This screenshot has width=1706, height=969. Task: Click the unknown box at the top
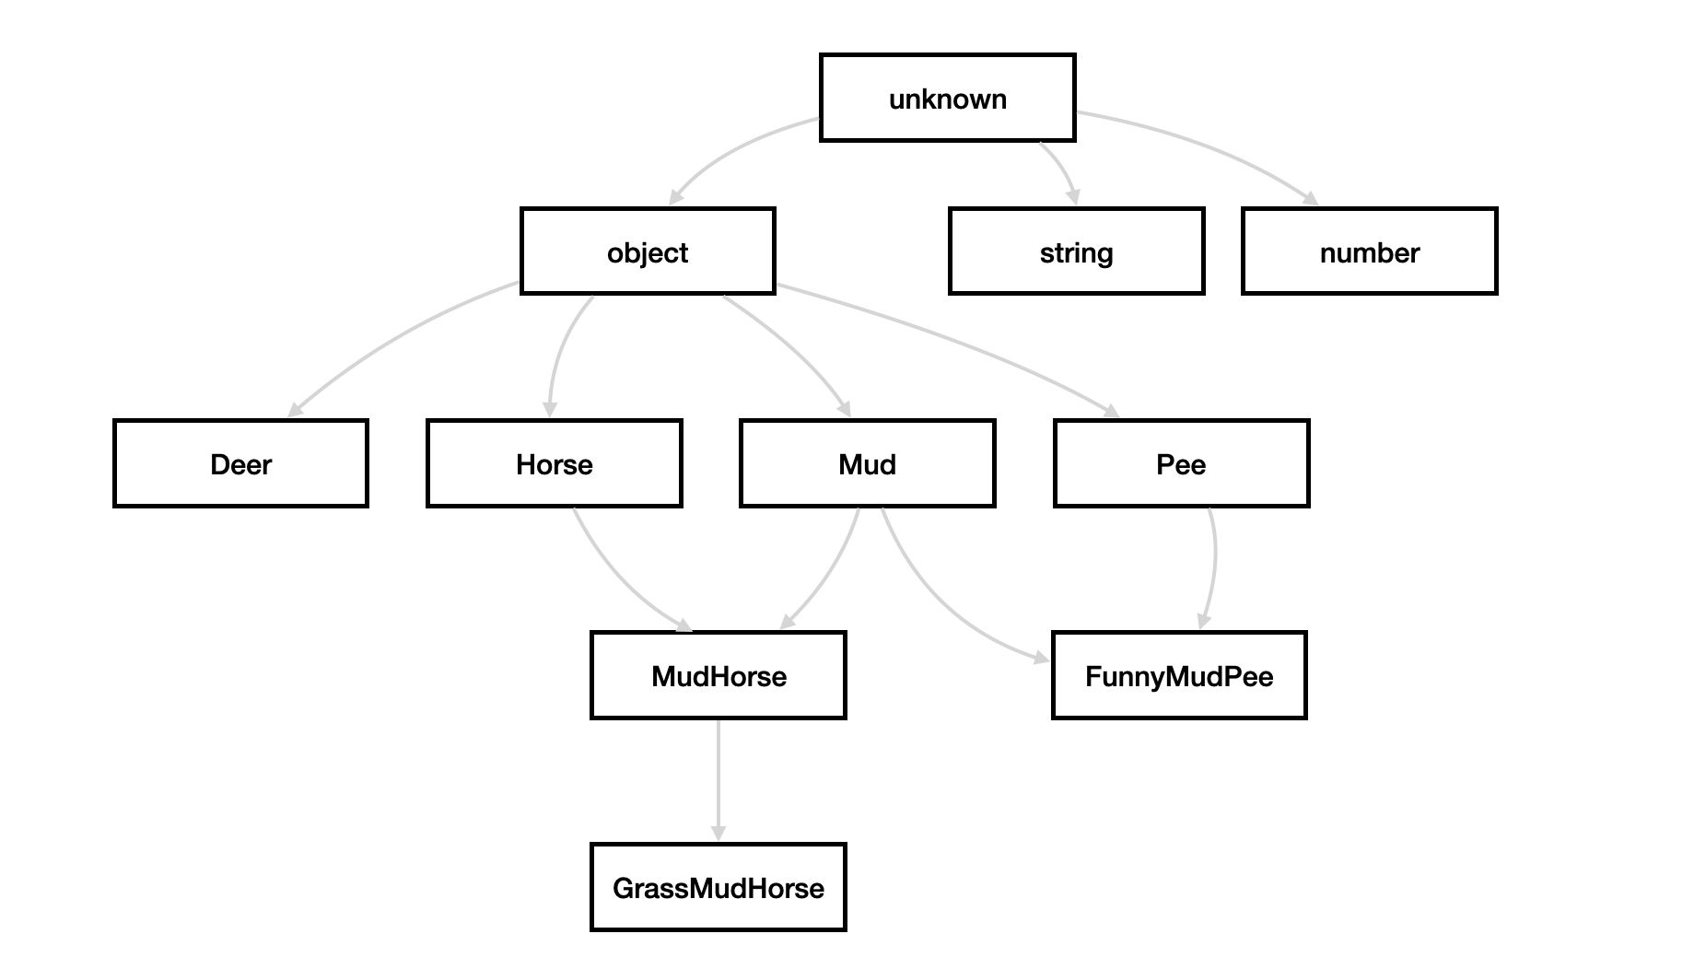[947, 98]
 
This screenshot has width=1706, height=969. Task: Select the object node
[648, 251]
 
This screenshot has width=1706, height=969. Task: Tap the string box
[1076, 251]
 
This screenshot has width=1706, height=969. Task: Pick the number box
[1369, 251]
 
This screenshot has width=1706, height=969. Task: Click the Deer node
[240, 463]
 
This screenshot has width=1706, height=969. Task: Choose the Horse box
[554, 463]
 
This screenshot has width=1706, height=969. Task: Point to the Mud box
[867, 463]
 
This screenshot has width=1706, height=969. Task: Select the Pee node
[1181, 463]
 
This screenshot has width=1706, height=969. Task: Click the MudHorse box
[718, 675]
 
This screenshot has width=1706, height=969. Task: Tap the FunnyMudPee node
[1179, 675]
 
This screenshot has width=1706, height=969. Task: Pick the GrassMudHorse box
[718, 887]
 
